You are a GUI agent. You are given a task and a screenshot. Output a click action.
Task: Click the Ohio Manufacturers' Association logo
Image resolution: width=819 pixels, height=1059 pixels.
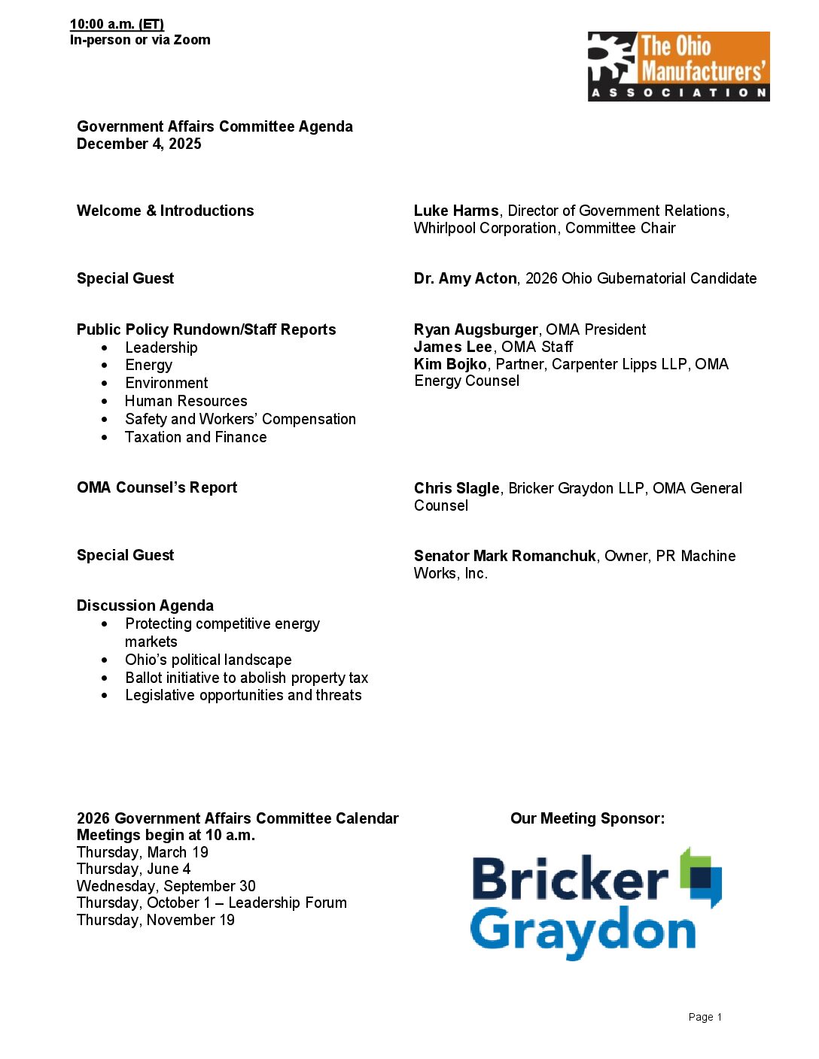[678, 66]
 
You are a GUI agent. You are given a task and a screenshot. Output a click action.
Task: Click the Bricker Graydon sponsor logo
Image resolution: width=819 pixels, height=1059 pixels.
[595, 904]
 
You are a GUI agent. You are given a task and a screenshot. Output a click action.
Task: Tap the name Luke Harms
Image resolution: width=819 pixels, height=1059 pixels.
[455, 211]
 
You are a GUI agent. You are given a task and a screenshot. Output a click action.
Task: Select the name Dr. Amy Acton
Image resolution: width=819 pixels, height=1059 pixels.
[465, 278]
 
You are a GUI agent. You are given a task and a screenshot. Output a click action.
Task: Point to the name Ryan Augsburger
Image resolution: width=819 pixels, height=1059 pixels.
[475, 329]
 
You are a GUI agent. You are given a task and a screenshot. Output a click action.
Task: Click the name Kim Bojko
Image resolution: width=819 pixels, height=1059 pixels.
[450, 364]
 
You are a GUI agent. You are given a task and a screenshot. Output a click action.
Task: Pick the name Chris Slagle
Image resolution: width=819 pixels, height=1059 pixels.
[456, 488]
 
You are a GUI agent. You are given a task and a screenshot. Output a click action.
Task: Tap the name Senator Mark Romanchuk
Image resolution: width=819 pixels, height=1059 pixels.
[504, 556]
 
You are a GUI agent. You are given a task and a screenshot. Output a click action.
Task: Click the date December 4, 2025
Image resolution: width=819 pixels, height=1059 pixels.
[139, 144]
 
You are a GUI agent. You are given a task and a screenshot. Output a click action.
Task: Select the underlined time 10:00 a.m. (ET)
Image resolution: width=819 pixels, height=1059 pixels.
[117, 24]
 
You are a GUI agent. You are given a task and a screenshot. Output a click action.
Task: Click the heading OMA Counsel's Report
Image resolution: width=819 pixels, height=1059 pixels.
[157, 487]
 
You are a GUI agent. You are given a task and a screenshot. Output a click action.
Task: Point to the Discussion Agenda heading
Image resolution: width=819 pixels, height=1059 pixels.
[145, 605]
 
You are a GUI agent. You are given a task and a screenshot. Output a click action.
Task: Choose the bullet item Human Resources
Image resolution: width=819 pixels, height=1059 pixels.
[186, 401]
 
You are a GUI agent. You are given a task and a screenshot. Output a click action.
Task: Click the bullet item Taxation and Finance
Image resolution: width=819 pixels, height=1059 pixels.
[196, 437]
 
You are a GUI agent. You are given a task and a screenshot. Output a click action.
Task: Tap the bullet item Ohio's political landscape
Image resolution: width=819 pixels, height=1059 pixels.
[209, 660]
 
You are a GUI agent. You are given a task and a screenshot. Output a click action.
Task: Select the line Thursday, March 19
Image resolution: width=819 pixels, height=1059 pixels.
[142, 852]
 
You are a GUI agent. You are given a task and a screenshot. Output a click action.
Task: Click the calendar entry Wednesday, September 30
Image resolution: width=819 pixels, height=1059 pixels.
[166, 886]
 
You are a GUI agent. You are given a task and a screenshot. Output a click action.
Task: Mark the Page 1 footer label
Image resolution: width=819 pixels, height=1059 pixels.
[705, 1017]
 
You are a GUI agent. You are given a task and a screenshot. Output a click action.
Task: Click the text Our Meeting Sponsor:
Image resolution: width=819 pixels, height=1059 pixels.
[587, 818]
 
